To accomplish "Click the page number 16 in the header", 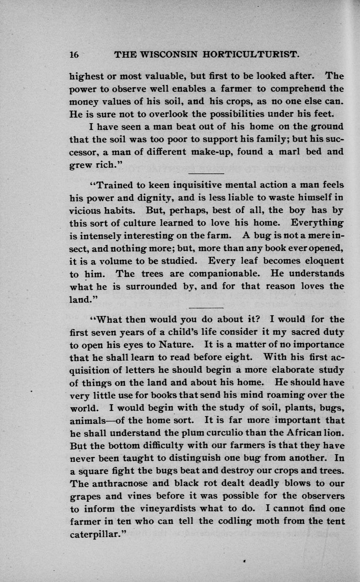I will (75, 55).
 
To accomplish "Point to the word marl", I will (289, 151).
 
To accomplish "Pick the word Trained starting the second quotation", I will (114, 184).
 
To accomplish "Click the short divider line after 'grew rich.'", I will (206, 173).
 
